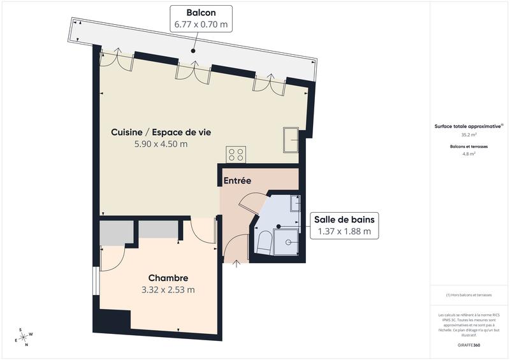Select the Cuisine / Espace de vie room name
161,132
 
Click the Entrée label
237,181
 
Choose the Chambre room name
168,278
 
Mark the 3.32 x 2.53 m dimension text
168,289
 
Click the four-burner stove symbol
236,154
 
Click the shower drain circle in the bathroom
288,242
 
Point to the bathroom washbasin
295,203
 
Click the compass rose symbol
24,336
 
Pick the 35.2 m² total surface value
469,135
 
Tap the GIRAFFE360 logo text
469,344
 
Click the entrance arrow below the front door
237,263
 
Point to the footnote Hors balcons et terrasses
469,295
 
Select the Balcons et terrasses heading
469,147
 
